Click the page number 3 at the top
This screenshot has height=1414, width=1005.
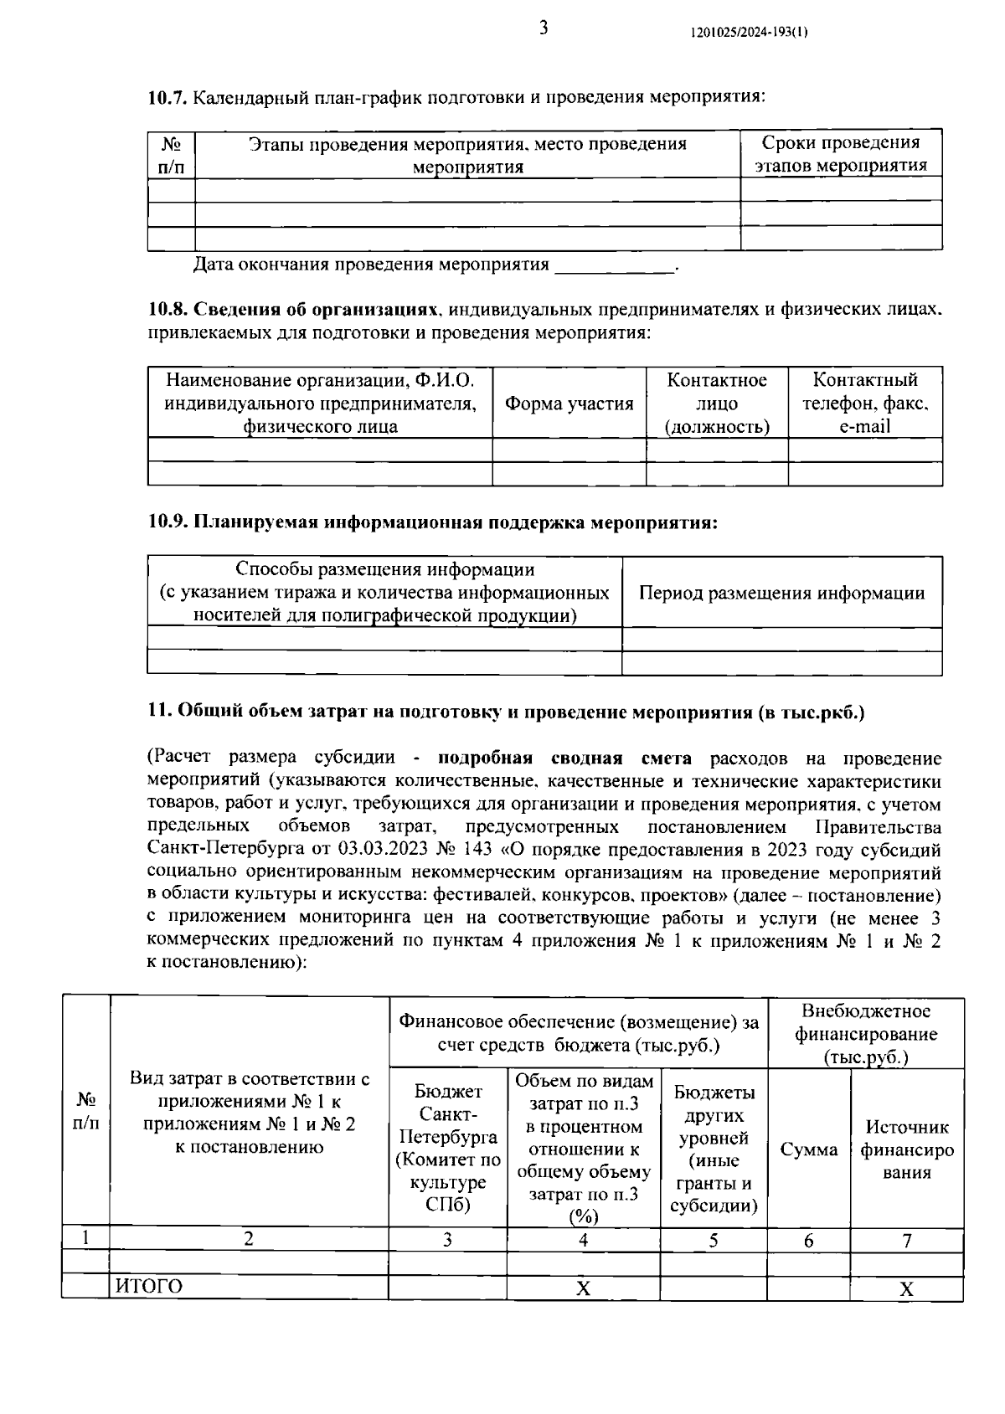click(x=543, y=28)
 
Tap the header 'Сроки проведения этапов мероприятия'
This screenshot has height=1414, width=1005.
click(x=841, y=154)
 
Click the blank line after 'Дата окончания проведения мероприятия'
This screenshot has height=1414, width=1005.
click(x=616, y=266)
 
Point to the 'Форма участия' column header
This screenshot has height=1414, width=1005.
click(x=569, y=404)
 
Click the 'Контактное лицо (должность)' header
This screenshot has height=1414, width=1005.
click(x=717, y=404)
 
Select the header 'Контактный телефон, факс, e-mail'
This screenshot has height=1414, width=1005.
click(x=865, y=404)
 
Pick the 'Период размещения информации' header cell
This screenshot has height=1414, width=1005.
click(x=781, y=594)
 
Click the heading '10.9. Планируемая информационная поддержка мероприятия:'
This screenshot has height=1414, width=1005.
click(x=433, y=522)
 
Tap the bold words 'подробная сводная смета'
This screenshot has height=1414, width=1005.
click(x=564, y=758)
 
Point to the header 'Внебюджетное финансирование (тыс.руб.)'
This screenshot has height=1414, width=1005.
click(x=865, y=1034)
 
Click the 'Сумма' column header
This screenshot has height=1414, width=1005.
click(x=808, y=1149)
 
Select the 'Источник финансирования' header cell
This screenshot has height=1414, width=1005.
click(x=907, y=1149)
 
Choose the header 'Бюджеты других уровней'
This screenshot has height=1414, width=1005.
click(x=714, y=1149)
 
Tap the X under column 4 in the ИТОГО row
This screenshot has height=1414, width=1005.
click(x=583, y=1288)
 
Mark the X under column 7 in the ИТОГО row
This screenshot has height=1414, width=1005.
click(x=906, y=1288)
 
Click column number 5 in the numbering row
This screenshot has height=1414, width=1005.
click(x=714, y=1240)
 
